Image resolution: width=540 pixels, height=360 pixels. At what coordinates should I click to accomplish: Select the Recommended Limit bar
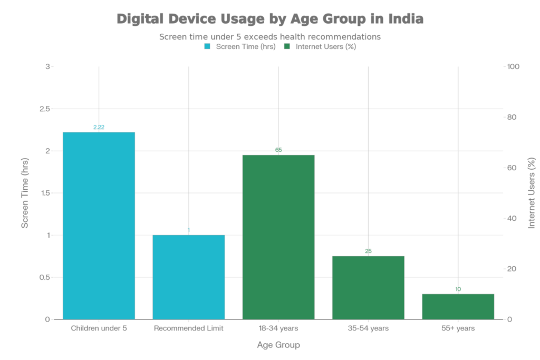pyautogui.click(x=189, y=277)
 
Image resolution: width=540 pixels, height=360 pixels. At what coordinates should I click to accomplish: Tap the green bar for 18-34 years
pyautogui.click(x=278, y=237)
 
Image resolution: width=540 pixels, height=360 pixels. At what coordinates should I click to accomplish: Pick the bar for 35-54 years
pyautogui.click(x=368, y=287)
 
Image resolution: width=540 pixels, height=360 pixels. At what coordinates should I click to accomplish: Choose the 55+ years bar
pyautogui.click(x=458, y=306)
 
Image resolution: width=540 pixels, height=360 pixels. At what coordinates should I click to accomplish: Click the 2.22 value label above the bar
pyautogui.click(x=99, y=127)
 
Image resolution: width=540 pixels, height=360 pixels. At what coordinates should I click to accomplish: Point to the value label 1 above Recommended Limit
pyautogui.click(x=189, y=230)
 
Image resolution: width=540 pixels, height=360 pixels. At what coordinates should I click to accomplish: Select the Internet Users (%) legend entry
pyautogui.click(x=321, y=46)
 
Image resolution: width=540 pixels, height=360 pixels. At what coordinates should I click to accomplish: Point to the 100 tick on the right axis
pyautogui.click(x=514, y=66)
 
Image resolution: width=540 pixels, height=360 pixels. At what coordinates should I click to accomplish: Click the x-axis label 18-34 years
pyautogui.click(x=278, y=328)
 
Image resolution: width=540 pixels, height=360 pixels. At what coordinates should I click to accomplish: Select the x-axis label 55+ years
pyautogui.click(x=458, y=328)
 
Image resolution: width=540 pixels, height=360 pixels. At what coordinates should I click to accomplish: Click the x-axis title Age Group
pyautogui.click(x=278, y=345)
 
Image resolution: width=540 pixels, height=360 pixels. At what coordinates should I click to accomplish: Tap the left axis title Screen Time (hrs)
pyautogui.click(x=24, y=193)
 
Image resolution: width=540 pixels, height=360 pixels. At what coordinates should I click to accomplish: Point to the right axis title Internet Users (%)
pyautogui.click(x=531, y=193)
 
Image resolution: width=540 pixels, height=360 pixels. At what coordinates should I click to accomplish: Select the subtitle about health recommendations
pyautogui.click(x=269, y=37)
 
